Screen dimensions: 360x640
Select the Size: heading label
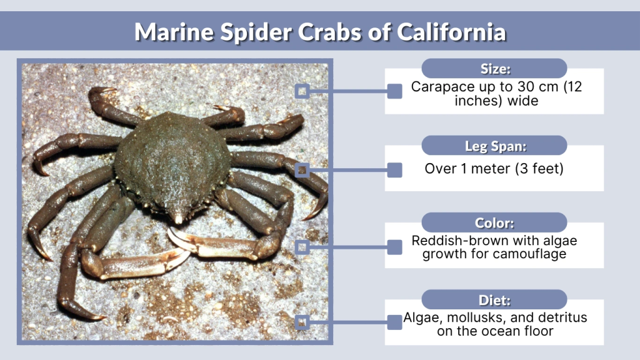pyautogui.click(x=494, y=69)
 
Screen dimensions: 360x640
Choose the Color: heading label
pyautogui.click(x=494, y=222)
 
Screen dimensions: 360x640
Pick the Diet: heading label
pyautogui.click(x=494, y=299)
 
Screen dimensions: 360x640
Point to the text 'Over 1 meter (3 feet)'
pyautogui.click(x=494, y=169)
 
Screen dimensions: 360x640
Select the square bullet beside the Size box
pyautogui.click(x=394, y=91)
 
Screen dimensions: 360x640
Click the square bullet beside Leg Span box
pyautogui.click(x=394, y=169)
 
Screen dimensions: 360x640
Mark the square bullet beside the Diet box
pyautogui.click(x=394, y=322)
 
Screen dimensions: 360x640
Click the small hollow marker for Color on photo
pyautogui.click(x=302, y=247)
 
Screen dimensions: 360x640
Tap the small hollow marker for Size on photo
pyautogui.click(x=302, y=91)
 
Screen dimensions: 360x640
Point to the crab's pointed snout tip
pyautogui.click(x=179, y=219)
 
